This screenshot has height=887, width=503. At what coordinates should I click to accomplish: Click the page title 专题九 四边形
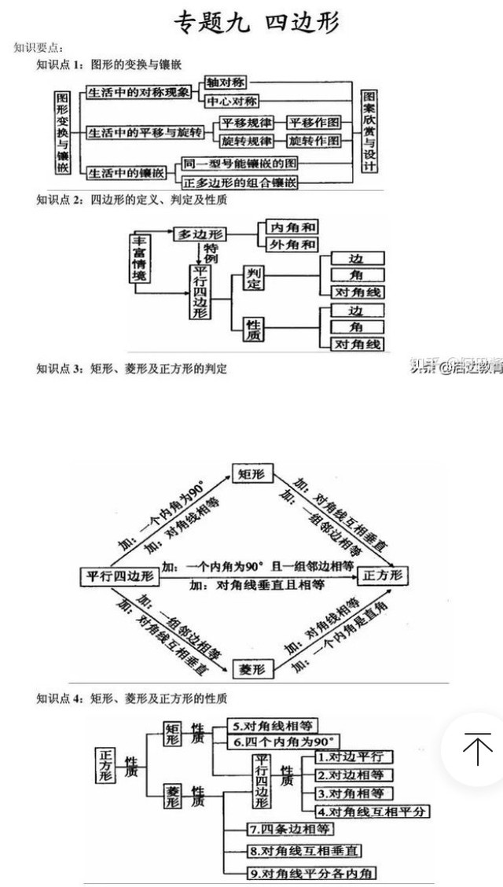tap(257, 23)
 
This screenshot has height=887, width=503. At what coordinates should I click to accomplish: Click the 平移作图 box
tap(314, 123)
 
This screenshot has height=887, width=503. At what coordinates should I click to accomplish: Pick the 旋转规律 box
tap(246, 142)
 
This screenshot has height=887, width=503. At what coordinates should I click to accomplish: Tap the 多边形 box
tap(200, 234)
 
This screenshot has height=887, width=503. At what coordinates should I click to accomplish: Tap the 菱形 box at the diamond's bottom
tap(252, 669)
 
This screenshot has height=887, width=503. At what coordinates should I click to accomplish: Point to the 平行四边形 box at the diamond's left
tap(119, 576)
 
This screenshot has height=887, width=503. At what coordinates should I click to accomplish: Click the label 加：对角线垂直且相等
tap(258, 585)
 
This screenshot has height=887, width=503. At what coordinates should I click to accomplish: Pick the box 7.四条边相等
tap(279, 829)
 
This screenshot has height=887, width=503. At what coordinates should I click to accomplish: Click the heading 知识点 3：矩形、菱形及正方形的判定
tap(132, 368)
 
